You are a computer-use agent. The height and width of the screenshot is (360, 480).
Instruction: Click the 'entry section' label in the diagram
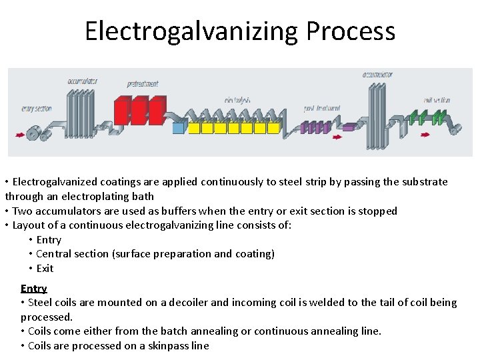[37, 108]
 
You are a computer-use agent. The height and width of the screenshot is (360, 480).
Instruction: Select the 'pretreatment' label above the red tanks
[143, 84]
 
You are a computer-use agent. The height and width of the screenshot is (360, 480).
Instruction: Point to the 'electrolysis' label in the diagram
[237, 101]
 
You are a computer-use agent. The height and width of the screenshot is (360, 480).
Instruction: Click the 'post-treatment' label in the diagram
[322, 108]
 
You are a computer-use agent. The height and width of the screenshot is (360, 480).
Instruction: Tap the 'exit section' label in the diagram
[437, 101]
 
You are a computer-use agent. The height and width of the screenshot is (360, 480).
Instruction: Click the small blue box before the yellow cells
[178, 127]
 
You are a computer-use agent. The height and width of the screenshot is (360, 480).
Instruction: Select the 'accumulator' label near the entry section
[83, 81]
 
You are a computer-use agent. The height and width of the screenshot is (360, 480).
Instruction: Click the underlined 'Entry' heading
[33, 289]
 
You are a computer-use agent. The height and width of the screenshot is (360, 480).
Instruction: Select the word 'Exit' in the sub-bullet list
[45, 269]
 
